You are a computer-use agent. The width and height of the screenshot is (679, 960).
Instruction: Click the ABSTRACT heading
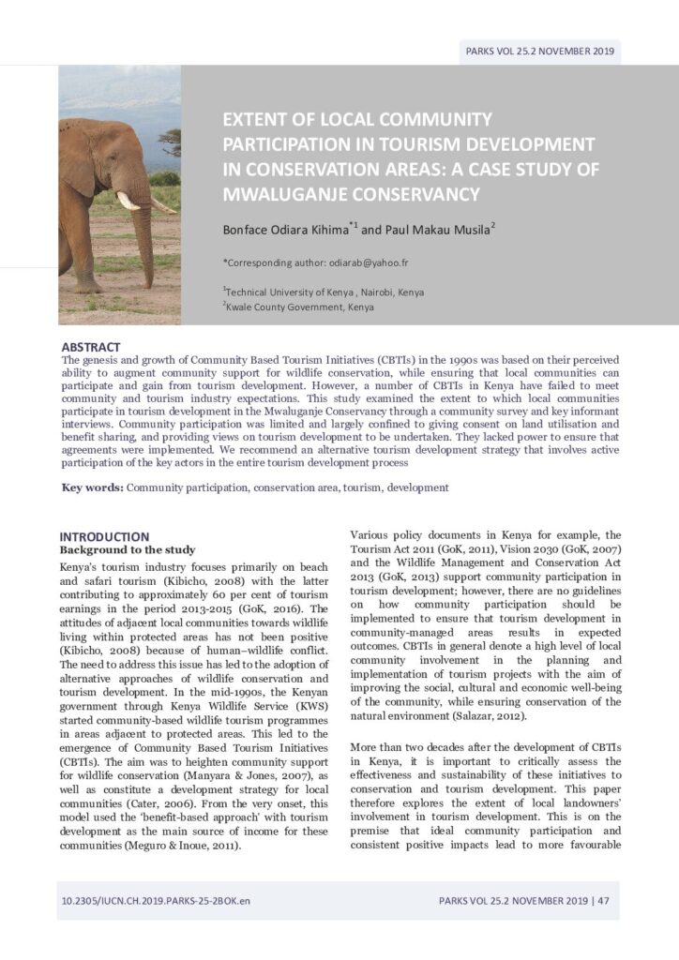click(x=91, y=347)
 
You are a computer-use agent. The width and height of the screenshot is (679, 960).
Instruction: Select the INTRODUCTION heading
click(x=104, y=537)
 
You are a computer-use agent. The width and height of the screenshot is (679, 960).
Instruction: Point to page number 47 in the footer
click(x=603, y=902)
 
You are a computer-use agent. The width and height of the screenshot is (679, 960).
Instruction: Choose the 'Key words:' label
click(x=92, y=487)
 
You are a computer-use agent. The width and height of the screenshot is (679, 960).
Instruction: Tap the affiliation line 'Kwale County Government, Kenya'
click(x=300, y=307)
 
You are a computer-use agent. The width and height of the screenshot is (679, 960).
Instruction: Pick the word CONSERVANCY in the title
click(x=408, y=195)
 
